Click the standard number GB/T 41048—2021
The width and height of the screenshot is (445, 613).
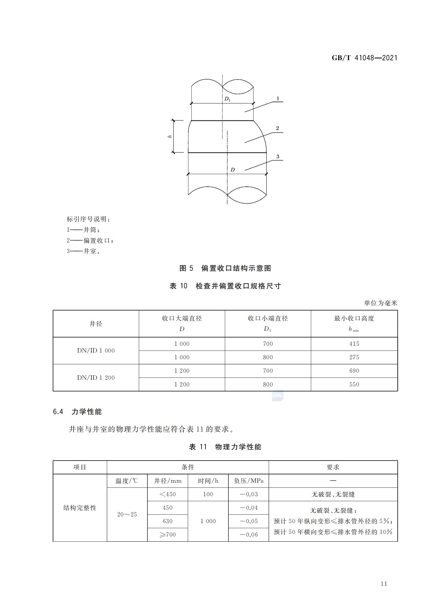pos(365,58)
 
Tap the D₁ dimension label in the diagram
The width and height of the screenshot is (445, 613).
pos(228,99)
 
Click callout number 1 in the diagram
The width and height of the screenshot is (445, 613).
pos(278,99)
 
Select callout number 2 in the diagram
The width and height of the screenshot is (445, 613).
pos(277,128)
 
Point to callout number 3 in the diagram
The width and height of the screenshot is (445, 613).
pos(278,157)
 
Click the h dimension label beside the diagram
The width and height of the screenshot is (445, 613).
pos(170,136)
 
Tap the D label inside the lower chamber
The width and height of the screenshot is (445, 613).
pos(233,170)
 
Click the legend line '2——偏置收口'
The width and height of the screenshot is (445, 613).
pos(90,240)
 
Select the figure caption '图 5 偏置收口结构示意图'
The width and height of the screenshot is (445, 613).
pos(225,268)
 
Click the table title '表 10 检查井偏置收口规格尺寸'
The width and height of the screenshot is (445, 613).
pos(225,286)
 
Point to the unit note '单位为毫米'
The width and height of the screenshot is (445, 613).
pos(380,303)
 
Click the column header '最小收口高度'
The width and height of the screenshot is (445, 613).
pos(354,318)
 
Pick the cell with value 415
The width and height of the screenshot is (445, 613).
pos(354,344)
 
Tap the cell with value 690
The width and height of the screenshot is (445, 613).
pos(354,371)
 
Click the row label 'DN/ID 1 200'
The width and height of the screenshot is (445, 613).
pos(96,378)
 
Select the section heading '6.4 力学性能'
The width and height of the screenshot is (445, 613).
pos(77,412)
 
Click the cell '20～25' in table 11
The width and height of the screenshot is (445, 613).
pos(127,514)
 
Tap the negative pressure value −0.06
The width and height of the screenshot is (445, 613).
pos(249,534)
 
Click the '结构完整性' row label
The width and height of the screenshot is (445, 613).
pos(80,508)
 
